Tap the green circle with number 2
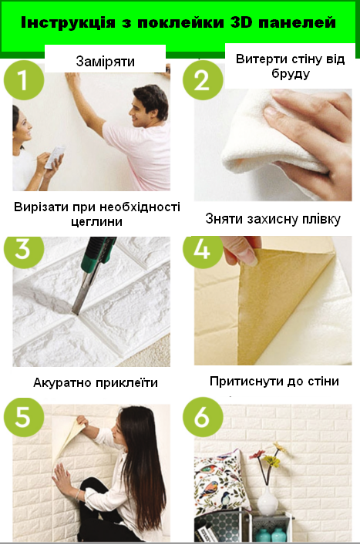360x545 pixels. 202,80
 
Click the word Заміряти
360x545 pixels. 106,61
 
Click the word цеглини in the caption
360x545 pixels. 96,221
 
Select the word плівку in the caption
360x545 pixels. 315,219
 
